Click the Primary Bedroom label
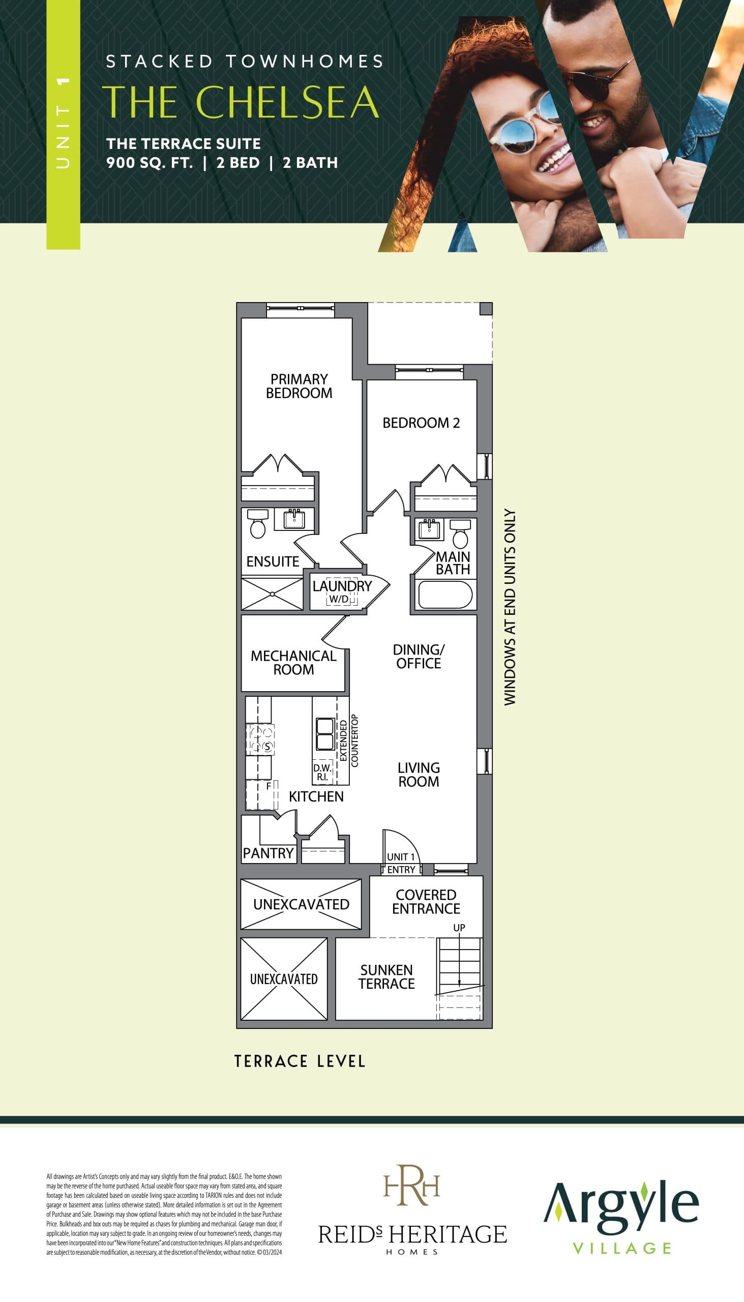click(x=299, y=387)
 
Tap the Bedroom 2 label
click(x=421, y=423)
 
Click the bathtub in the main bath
click(x=444, y=595)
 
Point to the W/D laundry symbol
click(x=339, y=599)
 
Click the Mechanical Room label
click(x=293, y=663)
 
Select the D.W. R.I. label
click(x=322, y=773)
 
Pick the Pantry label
click(x=269, y=853)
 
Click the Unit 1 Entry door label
click(x=401, y=863)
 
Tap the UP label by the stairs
click(x=459, y=928)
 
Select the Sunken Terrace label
click(x=386, y=977)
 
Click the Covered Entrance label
click(x=426, y=902)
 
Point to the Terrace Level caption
click(x=300, y=1061)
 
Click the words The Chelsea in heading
click(x=241, y=102)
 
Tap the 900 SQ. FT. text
click(x=149, y=163)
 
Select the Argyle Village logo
click(x=620, y=1215)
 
